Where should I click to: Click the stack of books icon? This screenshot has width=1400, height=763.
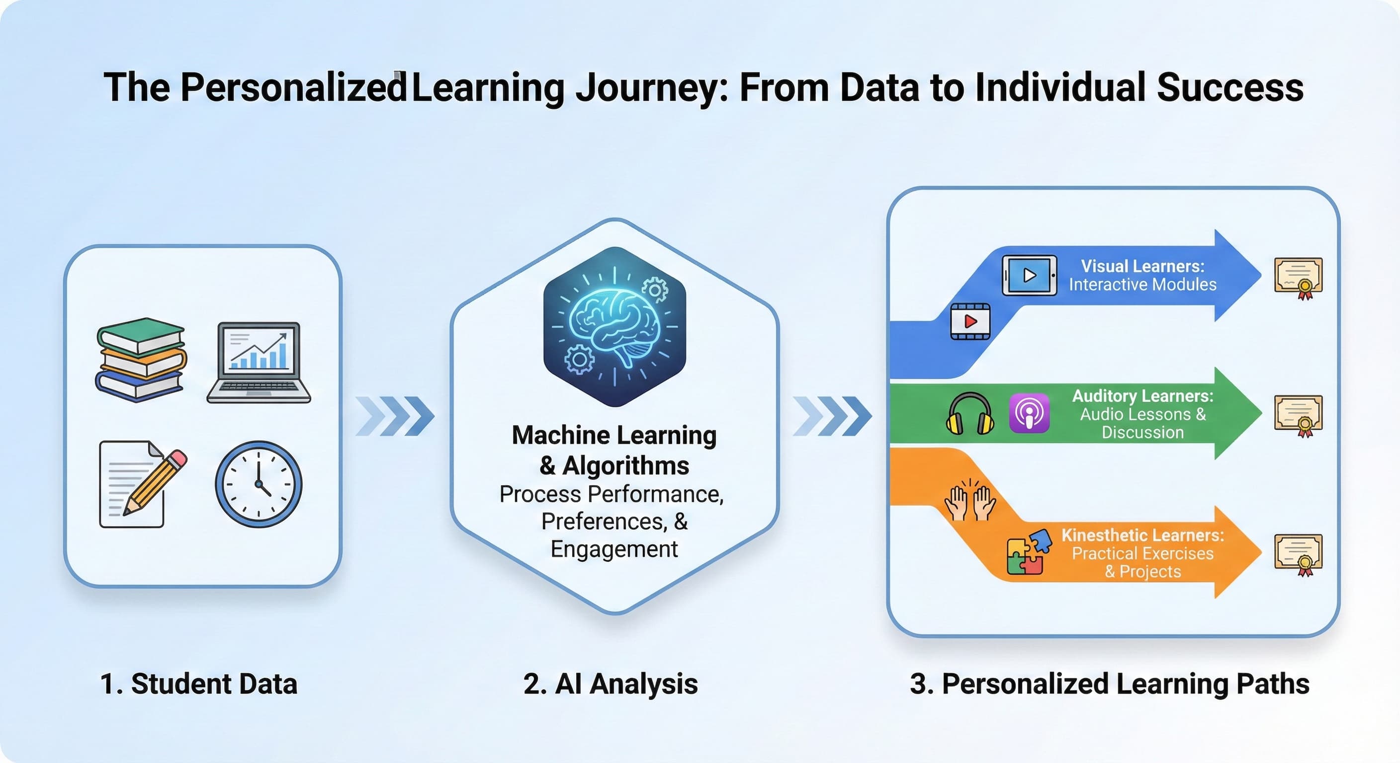[x=141, y=360]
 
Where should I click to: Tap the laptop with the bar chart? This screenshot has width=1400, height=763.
[x=259, y=362]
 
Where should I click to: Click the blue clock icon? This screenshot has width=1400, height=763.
[x=259, y=483]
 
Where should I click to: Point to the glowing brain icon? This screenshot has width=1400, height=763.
[x=614, y=326]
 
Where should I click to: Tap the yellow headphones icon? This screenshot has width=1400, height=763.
[x=970, y=414]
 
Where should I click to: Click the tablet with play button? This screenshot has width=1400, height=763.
[x=1029, y=275]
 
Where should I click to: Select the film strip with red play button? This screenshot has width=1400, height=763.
[x=970, y=321]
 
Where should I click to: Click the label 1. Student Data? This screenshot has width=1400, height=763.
[x=199, y=684]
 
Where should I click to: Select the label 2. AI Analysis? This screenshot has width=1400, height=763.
[x=611, y=684]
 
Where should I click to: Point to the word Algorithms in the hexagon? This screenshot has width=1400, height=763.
[x=625, y=465]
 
